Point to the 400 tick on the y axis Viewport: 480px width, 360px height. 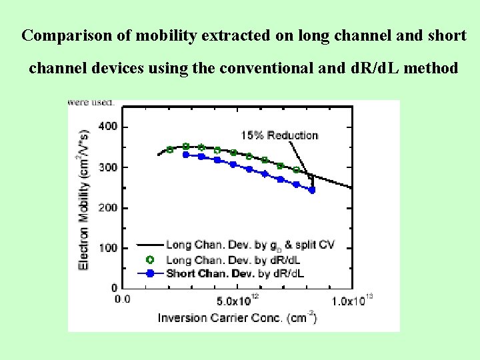coord(107,127)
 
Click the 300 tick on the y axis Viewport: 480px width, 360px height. coord(107,167)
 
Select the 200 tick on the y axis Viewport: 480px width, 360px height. coord(107,207)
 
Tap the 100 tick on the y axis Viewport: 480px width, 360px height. coord(107,248)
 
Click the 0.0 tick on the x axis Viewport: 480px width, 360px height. coord(123,299)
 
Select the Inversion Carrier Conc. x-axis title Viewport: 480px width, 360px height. coord(237,317)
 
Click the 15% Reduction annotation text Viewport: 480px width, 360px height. coord(279,135)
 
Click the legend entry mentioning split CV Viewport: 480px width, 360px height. coord(250,245)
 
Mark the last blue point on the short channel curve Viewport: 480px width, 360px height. coord(311,190)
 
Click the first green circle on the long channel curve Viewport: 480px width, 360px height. coord(170,149)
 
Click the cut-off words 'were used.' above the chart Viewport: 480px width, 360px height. coord(91,103)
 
